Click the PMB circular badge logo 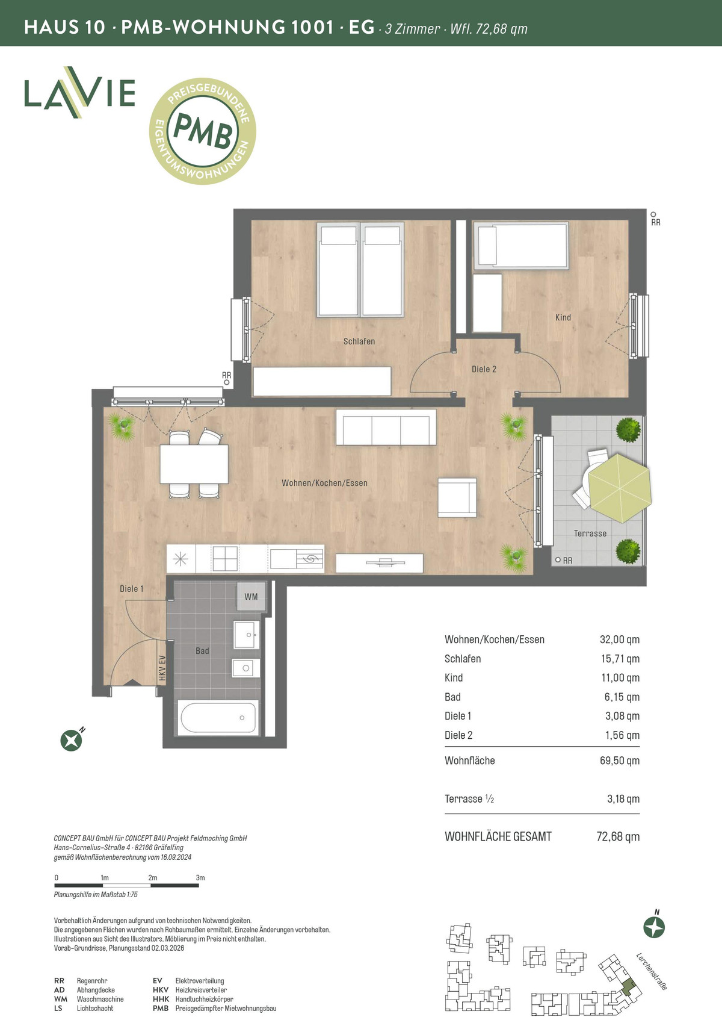click(202, 131)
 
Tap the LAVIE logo click(79, 92)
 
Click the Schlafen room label click(359, 341)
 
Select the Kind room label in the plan click(563, 317)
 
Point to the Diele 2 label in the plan click(484, 369)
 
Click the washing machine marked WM click(251, 597)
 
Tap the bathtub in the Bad click(218, 718)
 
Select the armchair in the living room click(457, 497)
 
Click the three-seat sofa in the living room click(386, 428)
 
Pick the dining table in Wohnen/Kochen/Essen click(194, 464)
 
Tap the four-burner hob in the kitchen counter click(225, 558)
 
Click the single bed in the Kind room click(521, 246)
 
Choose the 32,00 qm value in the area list click(620, 639)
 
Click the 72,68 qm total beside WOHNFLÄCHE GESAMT click(618, 836)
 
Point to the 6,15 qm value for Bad click(622, 697)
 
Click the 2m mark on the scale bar click(152, 878)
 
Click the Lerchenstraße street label click(652, 972)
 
